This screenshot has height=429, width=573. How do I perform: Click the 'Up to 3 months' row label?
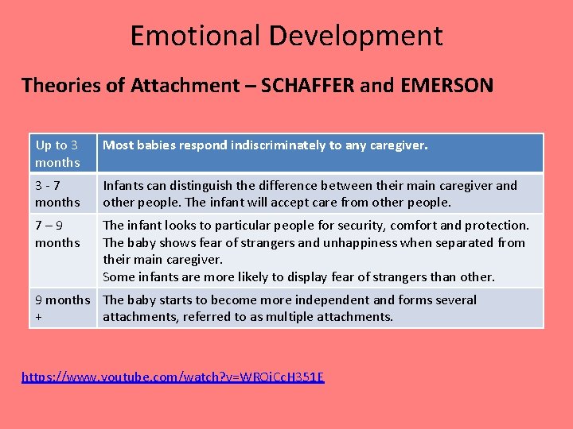coord(57,153)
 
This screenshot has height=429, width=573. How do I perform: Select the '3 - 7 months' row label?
coord(57,194)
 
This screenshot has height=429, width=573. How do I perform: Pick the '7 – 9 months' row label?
coord(57,234)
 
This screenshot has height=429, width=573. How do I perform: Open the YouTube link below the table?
coord(173,376)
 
